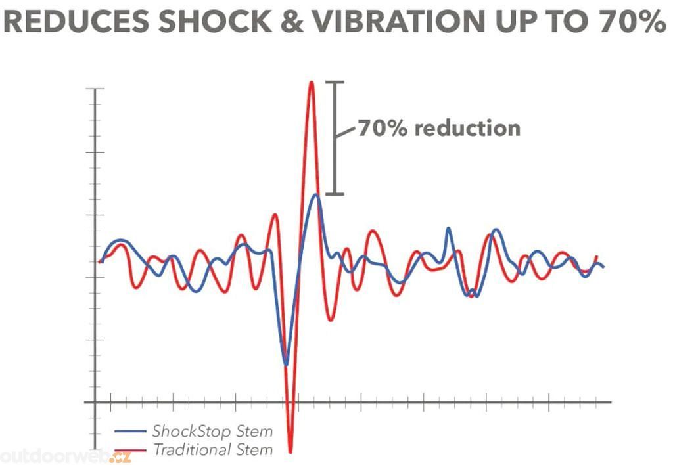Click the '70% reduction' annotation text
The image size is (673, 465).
(x=438, y=127)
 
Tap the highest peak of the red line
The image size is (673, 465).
(x=312, y=83)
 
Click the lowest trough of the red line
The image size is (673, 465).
(x=290, y=452)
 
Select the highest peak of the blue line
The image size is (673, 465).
(x=316, y=195)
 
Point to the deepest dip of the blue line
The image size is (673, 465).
(x=285, y=364)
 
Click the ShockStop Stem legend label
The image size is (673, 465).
(x=212, y=432)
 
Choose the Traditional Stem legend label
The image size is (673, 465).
(x=212, y=450)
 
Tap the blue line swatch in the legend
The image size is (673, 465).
(x=129, y=432)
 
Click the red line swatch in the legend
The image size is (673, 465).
(x=129, y=451)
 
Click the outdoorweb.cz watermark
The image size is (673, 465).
(x=66, y=456)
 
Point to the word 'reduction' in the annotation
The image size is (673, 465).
(x=467, y=127)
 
